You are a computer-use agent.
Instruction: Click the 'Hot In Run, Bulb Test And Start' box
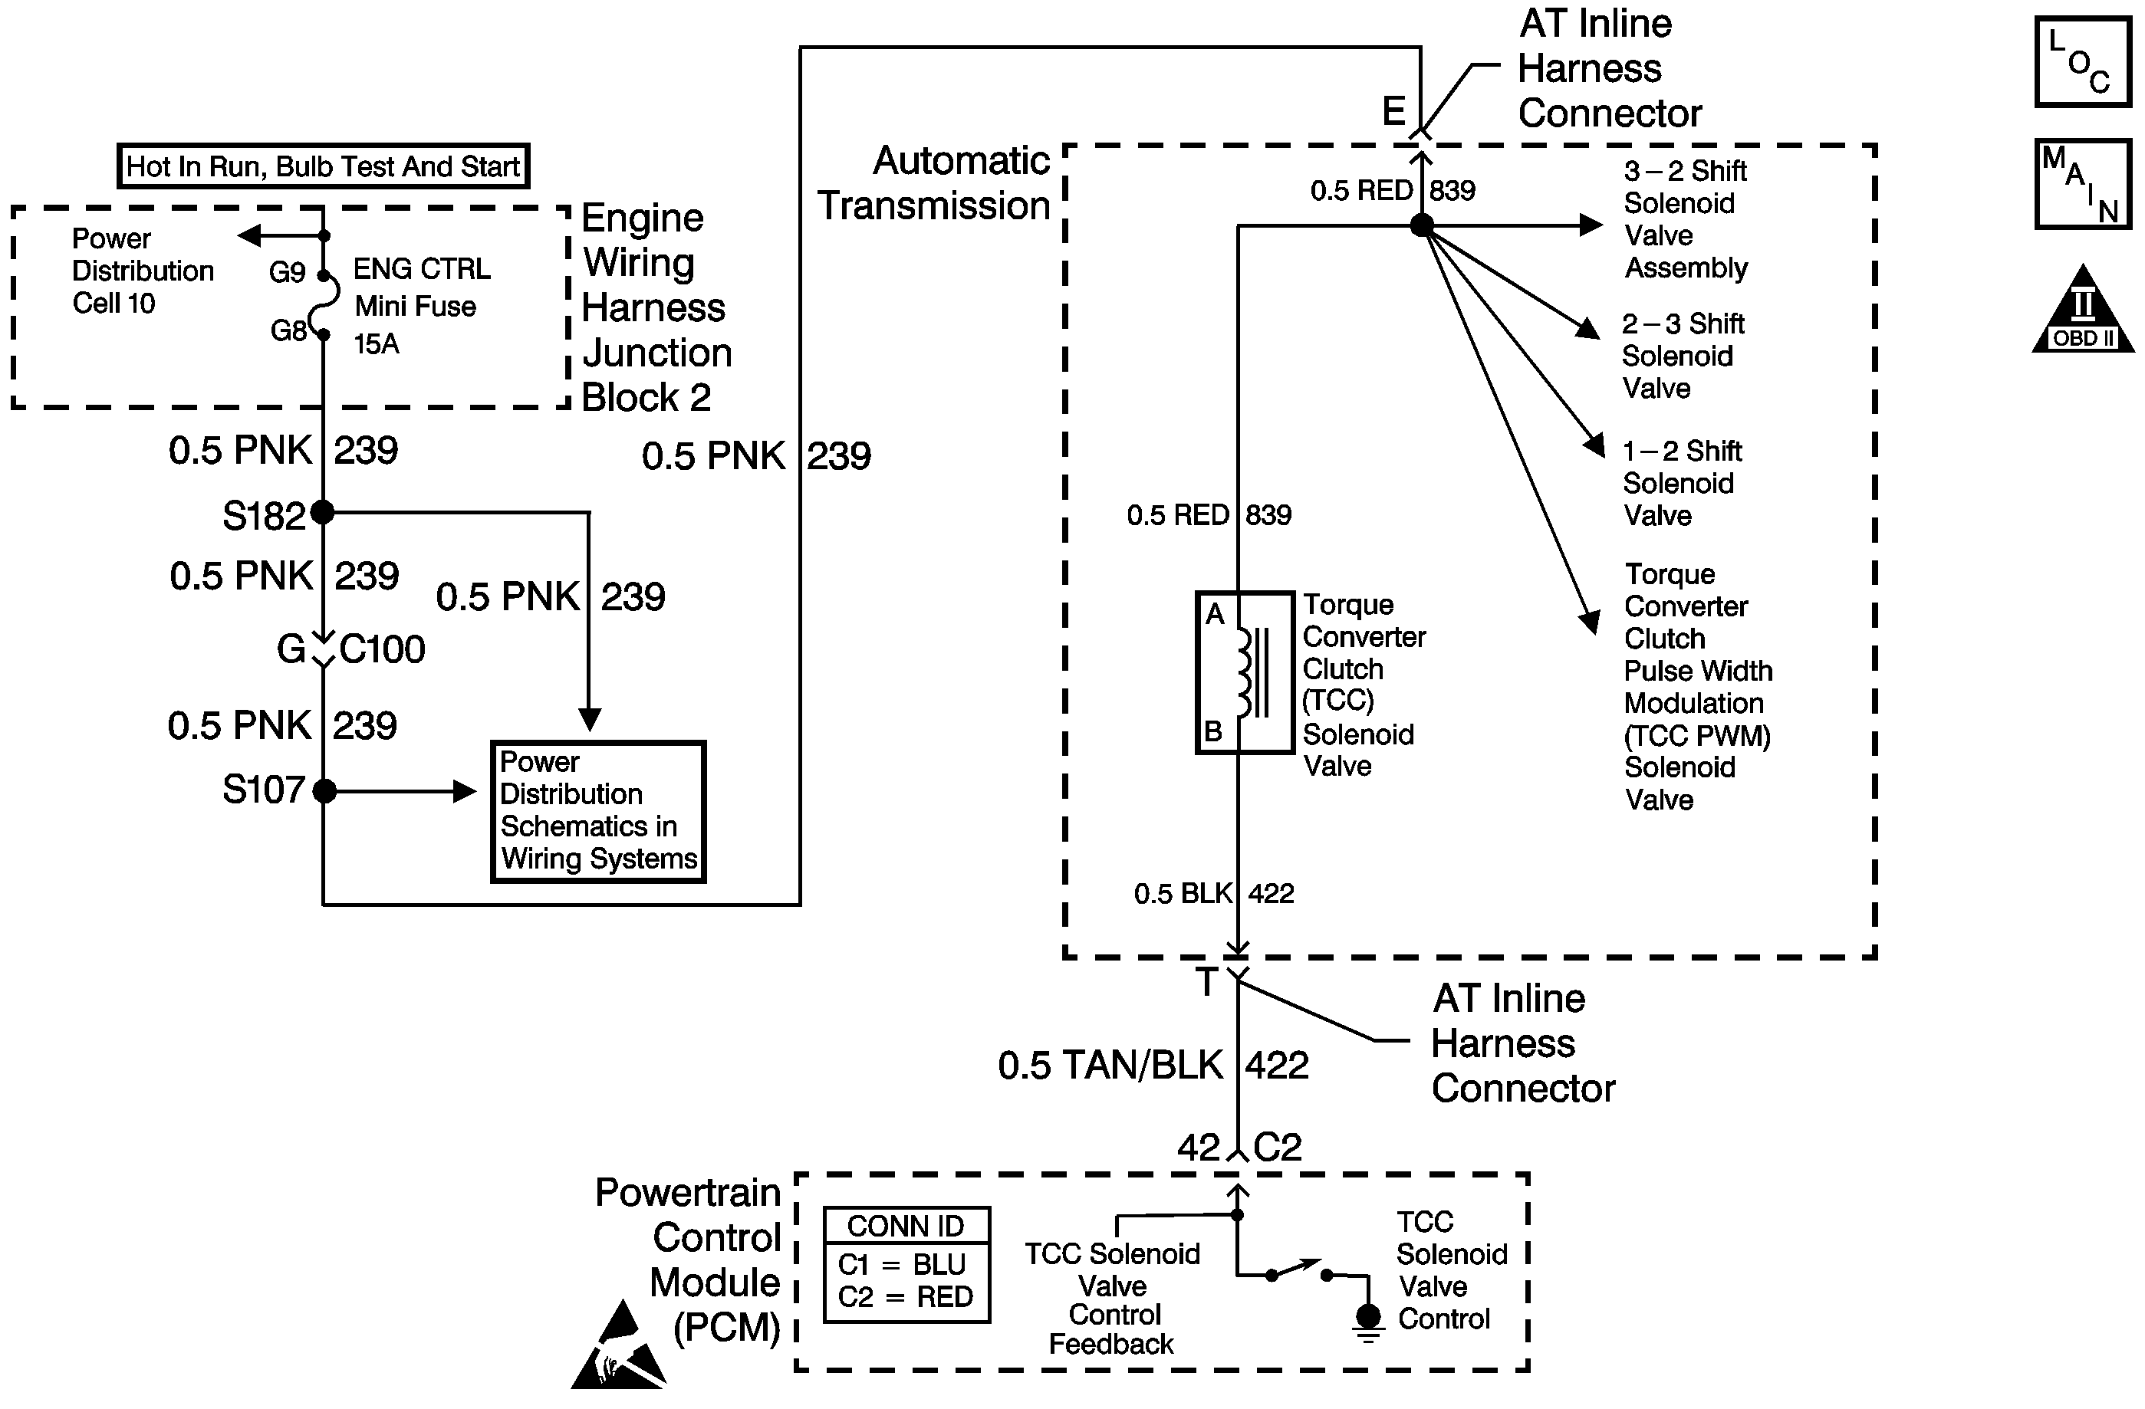point(323,166)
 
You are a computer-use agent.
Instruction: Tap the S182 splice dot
point(323,513)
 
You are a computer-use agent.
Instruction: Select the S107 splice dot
point(324,791)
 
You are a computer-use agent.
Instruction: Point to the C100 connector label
point(382,649)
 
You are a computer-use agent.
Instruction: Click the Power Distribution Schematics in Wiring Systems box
point(597,811)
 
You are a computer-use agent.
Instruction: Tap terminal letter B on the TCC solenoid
point(1213,731)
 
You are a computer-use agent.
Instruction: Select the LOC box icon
point(2083,63)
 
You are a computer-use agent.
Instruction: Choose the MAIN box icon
point(2083,184)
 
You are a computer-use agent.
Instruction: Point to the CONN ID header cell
point(906,1226)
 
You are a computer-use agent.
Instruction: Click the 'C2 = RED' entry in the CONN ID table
point(906,1296)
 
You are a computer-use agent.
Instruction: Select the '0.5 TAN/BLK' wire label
point(1110,1065)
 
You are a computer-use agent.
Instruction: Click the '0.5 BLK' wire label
point(1183,893)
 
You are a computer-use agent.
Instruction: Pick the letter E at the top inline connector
point(1393,112)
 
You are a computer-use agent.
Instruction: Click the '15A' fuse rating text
point(377,343)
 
